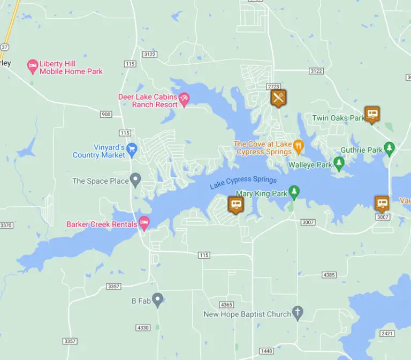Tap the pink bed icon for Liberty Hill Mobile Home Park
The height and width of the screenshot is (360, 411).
tap(32, 67)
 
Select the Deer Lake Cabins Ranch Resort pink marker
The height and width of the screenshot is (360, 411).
tap(184, 100)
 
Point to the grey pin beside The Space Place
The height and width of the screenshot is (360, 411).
tap(135, 180)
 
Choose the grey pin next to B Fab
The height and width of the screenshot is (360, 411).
tap(157, 300)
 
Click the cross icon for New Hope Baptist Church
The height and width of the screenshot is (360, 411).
tap(298, 313)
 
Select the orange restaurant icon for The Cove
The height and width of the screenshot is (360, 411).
tap(299, 146)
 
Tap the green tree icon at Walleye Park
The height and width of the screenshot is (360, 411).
tap(338, 163)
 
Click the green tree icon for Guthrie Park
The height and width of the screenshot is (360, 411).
tap(390, 148)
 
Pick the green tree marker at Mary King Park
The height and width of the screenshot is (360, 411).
tap(293, 192)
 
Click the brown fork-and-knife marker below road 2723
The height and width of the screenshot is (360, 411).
tap(278, 98)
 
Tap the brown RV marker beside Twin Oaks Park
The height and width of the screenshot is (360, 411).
tap(372, 114)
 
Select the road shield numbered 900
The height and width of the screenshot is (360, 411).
tap(106, 114)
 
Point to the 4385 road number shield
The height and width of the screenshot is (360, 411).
tap(329, 275)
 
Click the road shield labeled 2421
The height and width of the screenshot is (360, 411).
tap(387, 333)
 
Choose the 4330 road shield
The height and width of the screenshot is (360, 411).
tap(143, 327)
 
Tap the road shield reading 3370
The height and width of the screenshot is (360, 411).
tap(6, 226)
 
